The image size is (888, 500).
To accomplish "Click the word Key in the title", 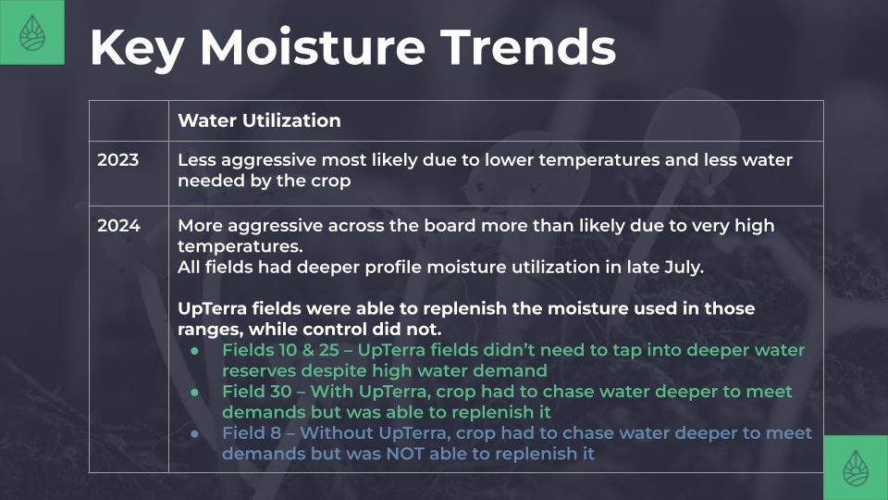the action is (137, 48).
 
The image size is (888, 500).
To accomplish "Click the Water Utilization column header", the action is (259, 120).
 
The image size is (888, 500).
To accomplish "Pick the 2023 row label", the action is (117, 160).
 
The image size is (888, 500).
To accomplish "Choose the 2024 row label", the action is (118, 226).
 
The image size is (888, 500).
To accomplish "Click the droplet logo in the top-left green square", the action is (31, 32).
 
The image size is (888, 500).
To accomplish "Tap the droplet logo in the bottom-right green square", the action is (855, 469).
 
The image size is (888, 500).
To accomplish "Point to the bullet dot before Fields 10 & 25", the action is (195, 351).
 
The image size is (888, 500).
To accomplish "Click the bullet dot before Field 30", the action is (195, 393).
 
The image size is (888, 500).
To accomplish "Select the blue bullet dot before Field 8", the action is (195, 433).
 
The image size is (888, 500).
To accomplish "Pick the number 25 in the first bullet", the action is (328, 350).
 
